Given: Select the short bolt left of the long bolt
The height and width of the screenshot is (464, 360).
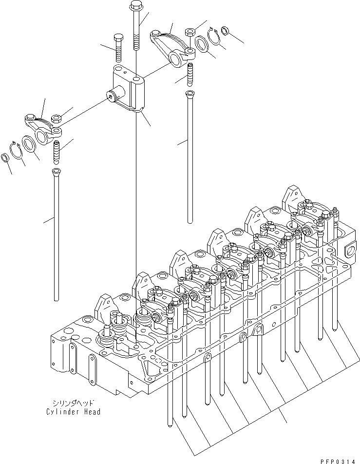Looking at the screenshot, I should (118, 49).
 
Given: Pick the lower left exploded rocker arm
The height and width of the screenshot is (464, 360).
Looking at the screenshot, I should (43, 128).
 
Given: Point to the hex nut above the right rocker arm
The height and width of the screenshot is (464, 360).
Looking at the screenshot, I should (189, 33).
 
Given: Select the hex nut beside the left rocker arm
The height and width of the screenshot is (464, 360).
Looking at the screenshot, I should (56, 118).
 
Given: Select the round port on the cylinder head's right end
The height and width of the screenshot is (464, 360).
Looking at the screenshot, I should (350, 251).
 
